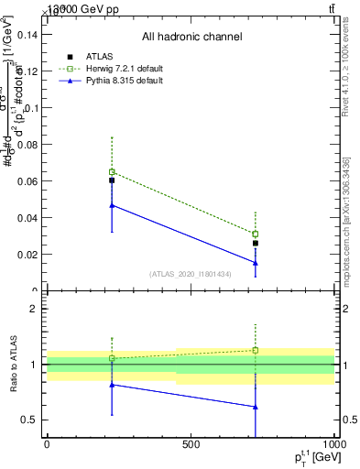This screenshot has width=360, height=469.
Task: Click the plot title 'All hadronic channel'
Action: coord(191,37)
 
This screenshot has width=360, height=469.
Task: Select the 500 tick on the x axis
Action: coord(191,444)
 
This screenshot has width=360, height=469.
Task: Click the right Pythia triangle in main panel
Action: coord(256,263)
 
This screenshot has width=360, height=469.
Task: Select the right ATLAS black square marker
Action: coord(256,244)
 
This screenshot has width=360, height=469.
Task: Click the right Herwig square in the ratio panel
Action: coord(256,350)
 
